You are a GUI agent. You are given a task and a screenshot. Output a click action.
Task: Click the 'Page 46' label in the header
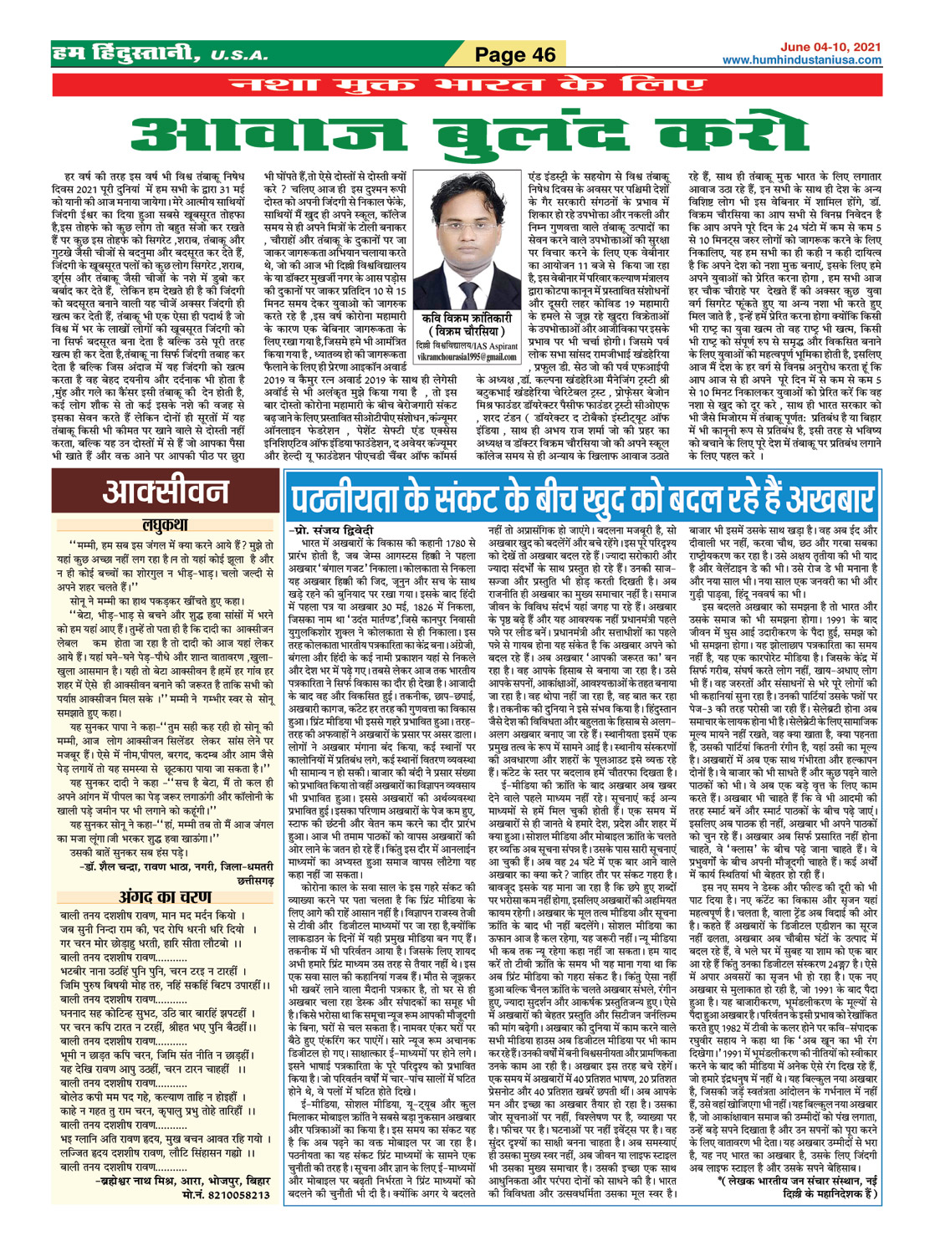click(514, 55)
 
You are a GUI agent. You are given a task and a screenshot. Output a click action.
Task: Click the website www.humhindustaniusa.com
click(801, 60)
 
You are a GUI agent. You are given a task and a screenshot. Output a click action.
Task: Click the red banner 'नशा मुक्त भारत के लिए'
click(467, 85)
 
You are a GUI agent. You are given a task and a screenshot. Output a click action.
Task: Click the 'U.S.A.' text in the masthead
click(240, 57)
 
